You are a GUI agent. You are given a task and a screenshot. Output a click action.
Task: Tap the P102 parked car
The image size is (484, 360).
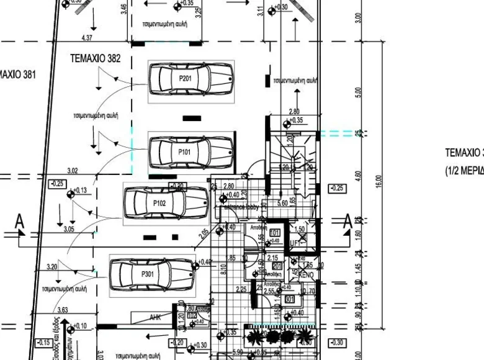tap(166, 202)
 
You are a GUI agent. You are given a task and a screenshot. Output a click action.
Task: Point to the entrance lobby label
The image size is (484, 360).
tap(241, 207)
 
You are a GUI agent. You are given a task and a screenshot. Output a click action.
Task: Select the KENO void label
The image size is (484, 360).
tap(307, 274)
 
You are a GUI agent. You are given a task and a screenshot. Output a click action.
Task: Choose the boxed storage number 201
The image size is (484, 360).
tap(277, 266)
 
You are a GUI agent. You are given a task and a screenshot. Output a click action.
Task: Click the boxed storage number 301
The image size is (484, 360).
tap(289, 299)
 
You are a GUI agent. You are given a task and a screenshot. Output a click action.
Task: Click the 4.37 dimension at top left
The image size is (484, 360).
tap(86, 38)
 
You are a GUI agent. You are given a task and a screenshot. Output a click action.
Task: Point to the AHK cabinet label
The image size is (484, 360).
tap(156, 317)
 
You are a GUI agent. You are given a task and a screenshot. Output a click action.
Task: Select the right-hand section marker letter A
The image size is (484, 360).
tap(347, 220)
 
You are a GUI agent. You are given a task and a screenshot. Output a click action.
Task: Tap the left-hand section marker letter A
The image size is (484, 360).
tap(20, 220)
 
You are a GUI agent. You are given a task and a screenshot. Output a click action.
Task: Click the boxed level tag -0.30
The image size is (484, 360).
tap(337, 342)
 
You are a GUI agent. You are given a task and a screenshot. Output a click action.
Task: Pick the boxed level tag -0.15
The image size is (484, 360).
tap(43, 342)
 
